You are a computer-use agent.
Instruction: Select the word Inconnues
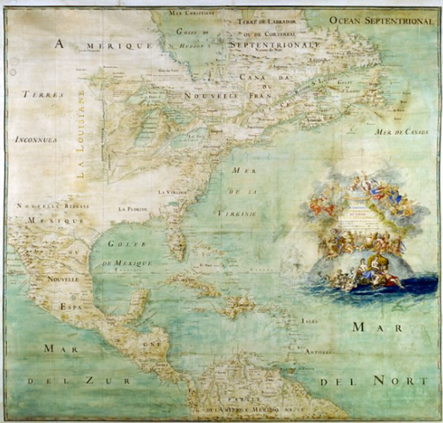35,139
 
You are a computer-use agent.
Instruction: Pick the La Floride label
133,210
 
